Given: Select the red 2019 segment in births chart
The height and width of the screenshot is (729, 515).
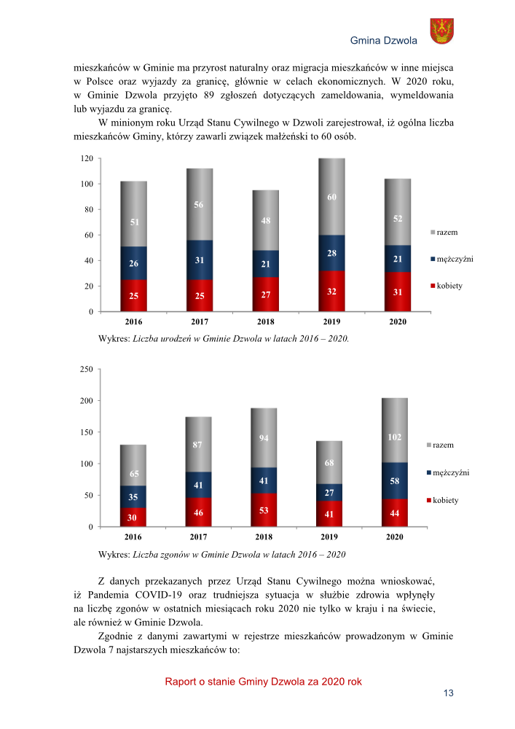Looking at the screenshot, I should tap(331, 292).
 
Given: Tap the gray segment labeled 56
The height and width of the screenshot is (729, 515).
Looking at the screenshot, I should tap(199, 205).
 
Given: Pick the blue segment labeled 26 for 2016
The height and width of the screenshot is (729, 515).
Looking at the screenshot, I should tap(133, 263).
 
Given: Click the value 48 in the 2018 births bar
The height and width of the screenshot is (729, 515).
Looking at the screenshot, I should tap(265, 221).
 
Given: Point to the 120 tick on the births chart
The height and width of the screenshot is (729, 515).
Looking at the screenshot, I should tap(86, 158).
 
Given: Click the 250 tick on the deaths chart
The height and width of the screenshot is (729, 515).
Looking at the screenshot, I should tap(86, 370).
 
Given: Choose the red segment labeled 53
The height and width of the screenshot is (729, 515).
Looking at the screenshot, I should tap(264, 510).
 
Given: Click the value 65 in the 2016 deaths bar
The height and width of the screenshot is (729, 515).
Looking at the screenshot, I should tap(133, 474).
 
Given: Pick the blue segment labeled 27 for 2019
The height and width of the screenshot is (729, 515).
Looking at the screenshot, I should tap(329, 493).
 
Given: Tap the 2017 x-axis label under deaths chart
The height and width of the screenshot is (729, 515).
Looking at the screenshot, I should tap(198, 537).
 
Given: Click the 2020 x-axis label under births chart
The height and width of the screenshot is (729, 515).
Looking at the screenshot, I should tap(398, 321).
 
